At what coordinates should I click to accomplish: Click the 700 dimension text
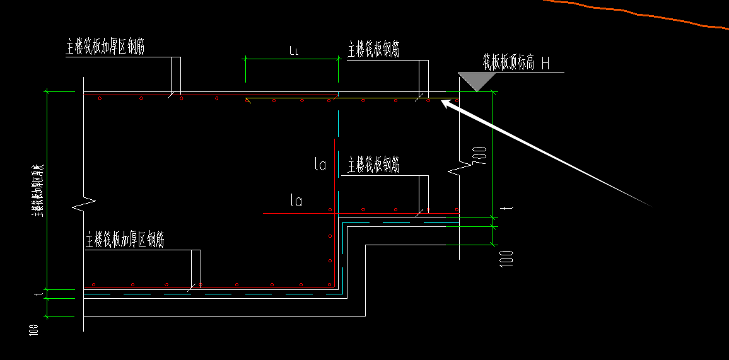point(481,154)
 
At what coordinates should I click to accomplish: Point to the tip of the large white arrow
point(442,102)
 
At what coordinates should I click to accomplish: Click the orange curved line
point(631,12)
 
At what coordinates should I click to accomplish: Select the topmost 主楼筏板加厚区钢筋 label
point(105,47)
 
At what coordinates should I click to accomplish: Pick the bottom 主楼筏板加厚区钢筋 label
point(125,240)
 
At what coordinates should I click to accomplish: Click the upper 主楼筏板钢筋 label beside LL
point(373,50)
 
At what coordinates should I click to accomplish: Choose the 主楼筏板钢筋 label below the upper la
point(373,165)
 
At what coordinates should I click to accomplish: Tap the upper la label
point(320,165)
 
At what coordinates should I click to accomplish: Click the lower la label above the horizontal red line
point(296,201)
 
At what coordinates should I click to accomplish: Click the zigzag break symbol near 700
point(460,168)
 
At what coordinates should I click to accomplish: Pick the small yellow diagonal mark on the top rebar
point(248,100)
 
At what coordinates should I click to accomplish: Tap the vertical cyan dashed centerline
point(339,145)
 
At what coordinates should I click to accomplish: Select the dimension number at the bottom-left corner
point(34,328)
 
